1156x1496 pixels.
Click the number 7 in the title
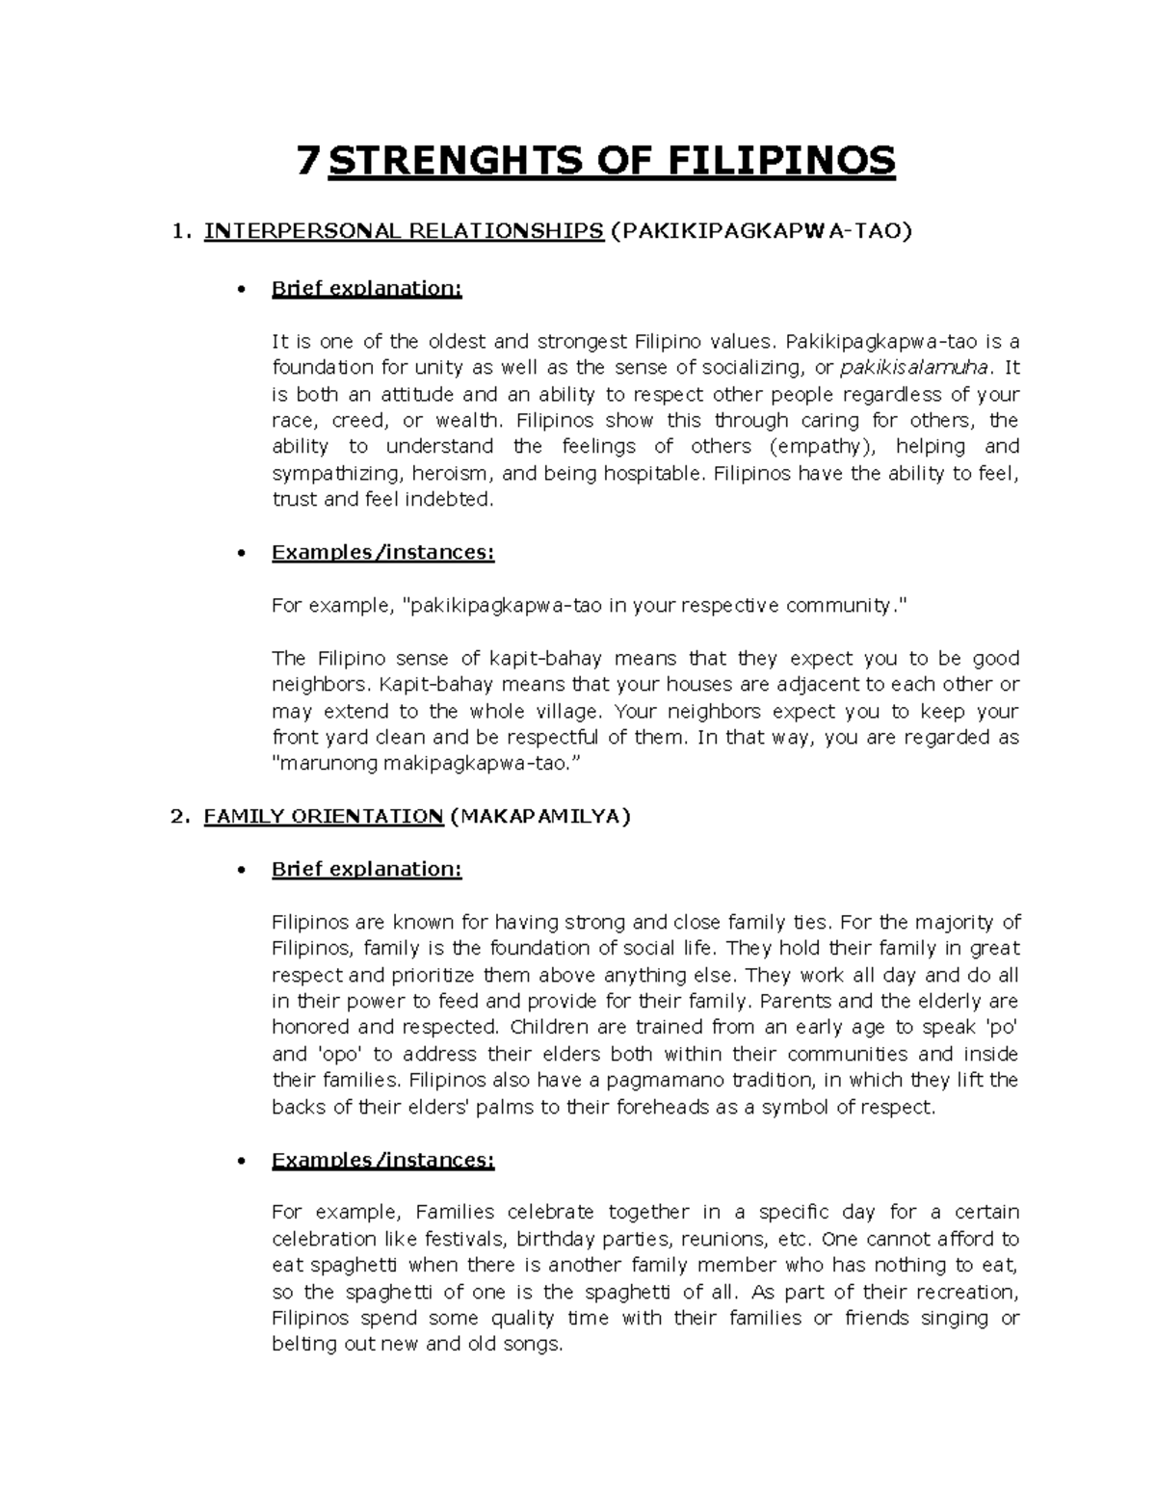point(307,161)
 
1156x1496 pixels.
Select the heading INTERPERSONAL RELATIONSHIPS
point(404,231)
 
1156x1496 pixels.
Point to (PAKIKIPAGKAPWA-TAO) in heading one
point(761,231)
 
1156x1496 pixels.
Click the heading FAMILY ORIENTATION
point(323,816)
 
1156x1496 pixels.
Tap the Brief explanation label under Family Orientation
point(366,869)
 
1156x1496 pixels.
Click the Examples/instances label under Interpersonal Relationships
point(382,552)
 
